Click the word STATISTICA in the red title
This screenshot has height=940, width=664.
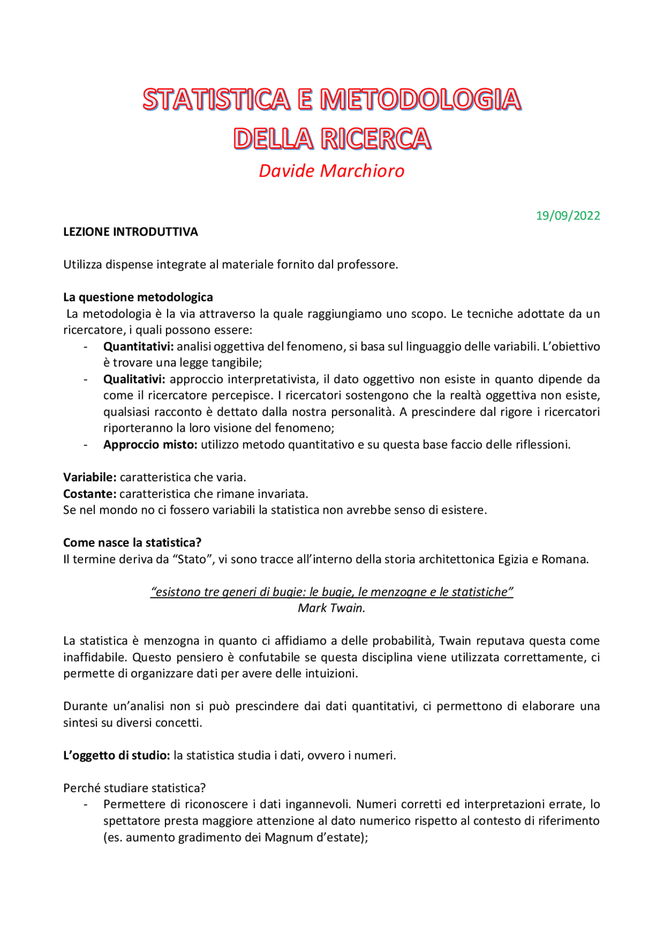tap(216, 99)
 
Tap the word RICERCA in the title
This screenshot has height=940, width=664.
tap(376, 139)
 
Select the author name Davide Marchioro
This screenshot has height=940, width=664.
tap(331, 171)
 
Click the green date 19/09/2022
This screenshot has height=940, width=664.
tap(568, 215)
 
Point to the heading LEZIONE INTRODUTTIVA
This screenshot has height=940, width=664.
tap(130, 232)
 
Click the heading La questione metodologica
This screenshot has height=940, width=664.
tap(138, 297)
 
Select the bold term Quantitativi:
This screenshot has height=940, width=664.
tap(139, 346)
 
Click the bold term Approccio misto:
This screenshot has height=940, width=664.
tap(150, 444)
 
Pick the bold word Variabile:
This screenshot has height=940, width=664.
tap(90, 477)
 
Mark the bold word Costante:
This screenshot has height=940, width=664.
tap(90, 494)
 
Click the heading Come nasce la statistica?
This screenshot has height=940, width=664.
tap(132, 542)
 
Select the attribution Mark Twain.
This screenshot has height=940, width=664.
tap(331, 608)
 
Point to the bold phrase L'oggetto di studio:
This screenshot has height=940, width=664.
tap(117, 755)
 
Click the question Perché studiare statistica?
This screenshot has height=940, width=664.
tap(134, 788)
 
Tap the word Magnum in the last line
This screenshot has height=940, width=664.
tap(288, 837)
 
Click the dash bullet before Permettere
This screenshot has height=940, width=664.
tap(86, 805)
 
